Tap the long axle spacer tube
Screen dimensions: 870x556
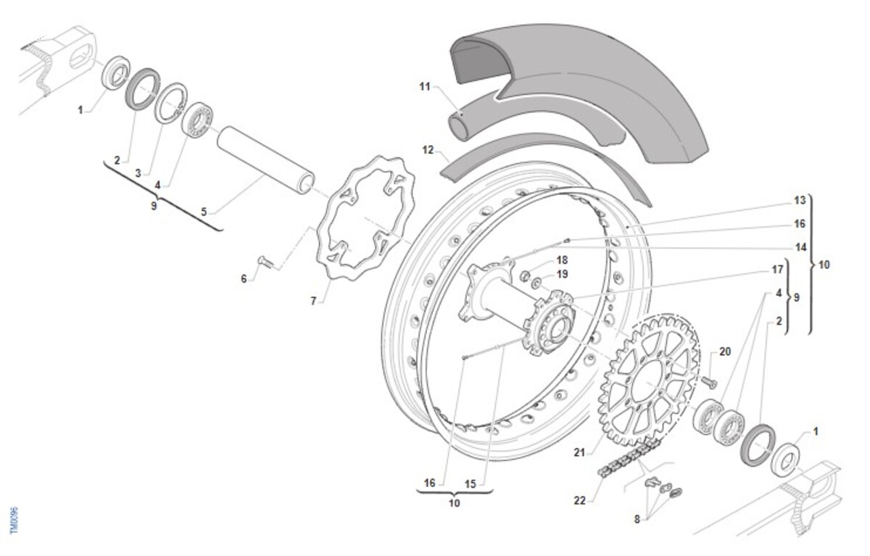click(266, 160)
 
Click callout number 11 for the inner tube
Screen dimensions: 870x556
click(425, 86)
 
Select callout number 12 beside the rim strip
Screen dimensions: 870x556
click(428, 150)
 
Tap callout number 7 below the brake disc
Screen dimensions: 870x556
click(313, 301)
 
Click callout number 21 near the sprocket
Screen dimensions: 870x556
click(579, 452)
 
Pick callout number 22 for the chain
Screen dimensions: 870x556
click(579, 501)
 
